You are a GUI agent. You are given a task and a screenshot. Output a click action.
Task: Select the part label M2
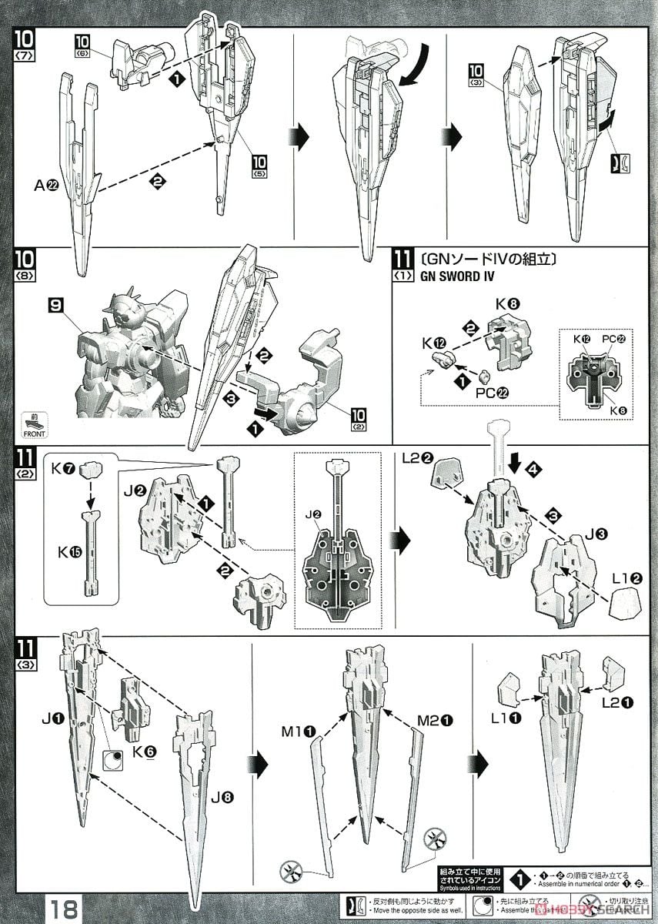click(x=431, y=721)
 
